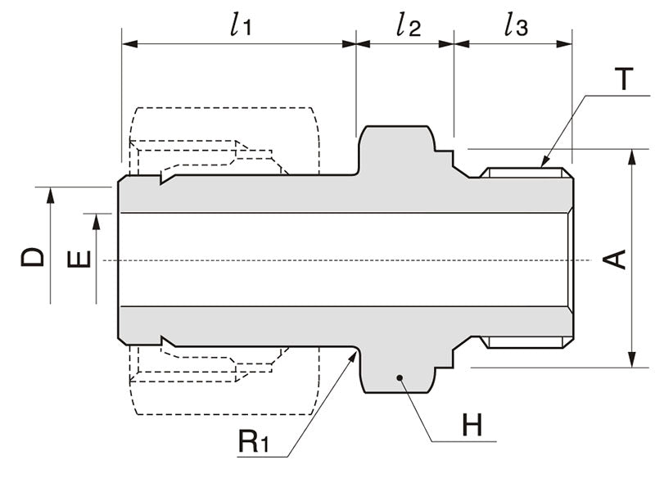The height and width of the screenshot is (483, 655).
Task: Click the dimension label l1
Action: click(239, 25)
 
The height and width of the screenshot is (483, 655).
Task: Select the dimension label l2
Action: click(407, 25)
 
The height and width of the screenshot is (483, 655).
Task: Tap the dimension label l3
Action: click(516, 25)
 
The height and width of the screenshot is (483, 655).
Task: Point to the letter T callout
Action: click(624, 79)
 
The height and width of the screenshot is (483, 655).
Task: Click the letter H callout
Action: click(472, 425)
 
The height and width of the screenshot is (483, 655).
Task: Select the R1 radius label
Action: click(253, 443)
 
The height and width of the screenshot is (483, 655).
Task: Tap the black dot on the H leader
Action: click(399, 377)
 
